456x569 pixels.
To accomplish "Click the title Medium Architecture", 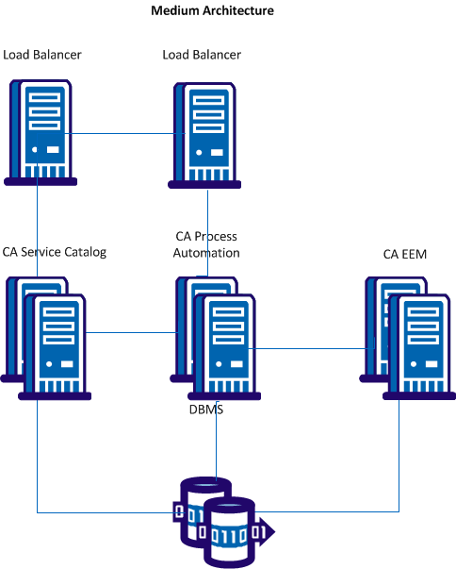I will tap(213, 11).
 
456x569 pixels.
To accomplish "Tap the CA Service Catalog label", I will tap(55, 252).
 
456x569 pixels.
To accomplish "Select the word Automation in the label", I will tap(207, 253).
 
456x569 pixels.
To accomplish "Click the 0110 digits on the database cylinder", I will tap(232, 535).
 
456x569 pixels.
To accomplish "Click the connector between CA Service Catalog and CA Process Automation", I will tap(131, 332).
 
